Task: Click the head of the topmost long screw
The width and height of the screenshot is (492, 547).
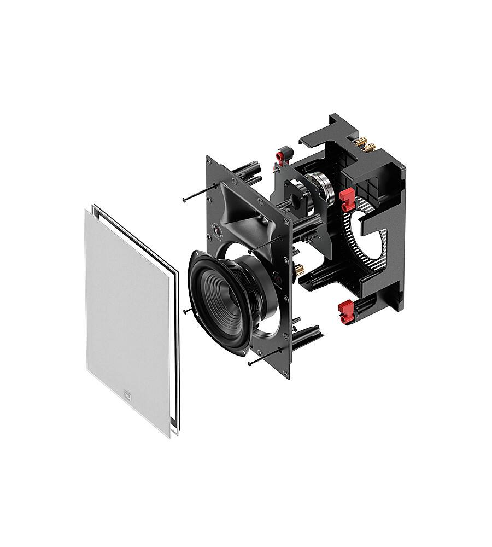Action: [184, 200]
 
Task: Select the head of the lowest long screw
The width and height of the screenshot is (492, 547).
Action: [250, 364]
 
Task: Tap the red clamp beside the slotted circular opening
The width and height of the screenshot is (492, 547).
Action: [346, 200]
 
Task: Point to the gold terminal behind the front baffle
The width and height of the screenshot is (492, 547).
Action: [300, 269]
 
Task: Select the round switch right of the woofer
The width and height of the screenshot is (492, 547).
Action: [277, 277]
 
